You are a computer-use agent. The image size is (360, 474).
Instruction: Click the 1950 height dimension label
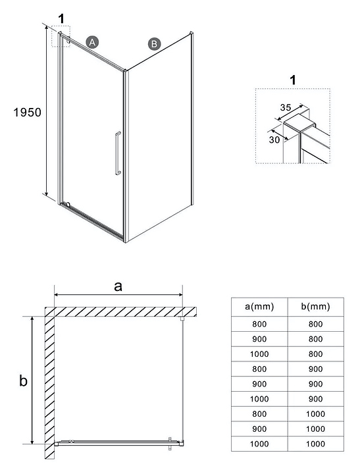[27, 113]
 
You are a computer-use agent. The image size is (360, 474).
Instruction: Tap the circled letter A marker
[92, 42]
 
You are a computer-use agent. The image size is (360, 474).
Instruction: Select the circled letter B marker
[154, 44]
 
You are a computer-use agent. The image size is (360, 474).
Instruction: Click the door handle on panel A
[118, 153]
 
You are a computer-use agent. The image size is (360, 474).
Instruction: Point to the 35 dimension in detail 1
[286, 107]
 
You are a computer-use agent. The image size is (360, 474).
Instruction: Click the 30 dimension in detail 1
[274, 140]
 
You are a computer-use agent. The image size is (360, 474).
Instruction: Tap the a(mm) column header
[259, 307]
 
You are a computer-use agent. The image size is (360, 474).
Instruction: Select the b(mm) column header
[315, 307]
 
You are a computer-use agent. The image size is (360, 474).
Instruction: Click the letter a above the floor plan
[118, 286]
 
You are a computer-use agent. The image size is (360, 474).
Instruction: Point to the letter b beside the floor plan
[23, 381]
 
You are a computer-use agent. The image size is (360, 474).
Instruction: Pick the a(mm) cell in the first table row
[259, 324]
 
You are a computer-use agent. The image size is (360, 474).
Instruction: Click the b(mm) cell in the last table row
[315, 444]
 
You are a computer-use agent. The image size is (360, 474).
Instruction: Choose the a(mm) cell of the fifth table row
[259, 384]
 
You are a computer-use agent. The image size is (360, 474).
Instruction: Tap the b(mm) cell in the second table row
[315, 339]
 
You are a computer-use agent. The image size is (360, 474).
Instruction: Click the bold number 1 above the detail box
[293, 80]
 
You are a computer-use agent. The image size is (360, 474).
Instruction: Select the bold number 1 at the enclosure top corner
[61, 18]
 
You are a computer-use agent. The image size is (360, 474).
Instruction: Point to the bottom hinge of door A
[68, 205]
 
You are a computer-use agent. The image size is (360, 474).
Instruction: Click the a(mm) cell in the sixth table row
[259, 399]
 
